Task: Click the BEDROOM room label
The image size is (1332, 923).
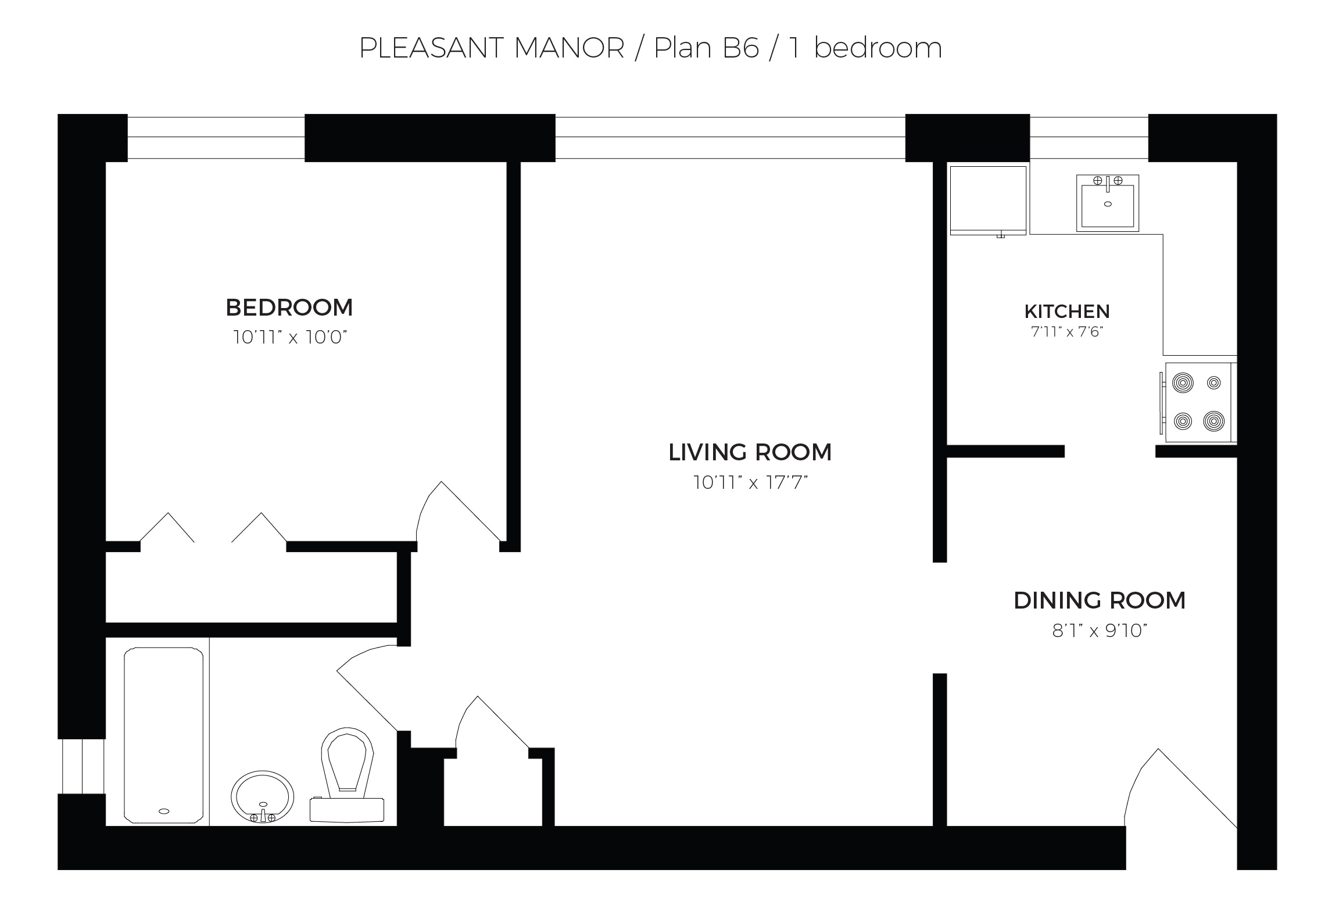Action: [x=289, y=307]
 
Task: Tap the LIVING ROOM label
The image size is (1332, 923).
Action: [x=750, y=452]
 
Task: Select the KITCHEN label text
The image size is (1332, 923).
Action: [x=1067, y=312]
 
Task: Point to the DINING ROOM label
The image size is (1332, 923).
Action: [x=1100, y=600]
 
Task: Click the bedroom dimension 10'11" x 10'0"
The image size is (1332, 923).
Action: [x=289, y=337]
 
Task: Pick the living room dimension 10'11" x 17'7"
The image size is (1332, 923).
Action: [x=750, y=482]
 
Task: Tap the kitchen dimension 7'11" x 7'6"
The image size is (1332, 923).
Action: [x=1067, y=332]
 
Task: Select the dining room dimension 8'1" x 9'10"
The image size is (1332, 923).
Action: [x=1100, y=631]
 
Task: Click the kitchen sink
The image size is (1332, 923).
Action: [x=1107, y=203]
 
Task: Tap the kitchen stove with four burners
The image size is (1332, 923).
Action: [x=1198, y=402]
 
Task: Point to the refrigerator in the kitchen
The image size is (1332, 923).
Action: [x=988, y=201]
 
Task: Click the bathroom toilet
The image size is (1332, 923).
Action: [x=347, y=775]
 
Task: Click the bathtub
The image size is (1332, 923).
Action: [x=164, y=735]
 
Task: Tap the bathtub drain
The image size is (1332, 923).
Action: [x=164, y=811]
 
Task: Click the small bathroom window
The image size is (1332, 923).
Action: [x=83, y=766]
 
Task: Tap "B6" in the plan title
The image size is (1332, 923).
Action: [x=741, y=48]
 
